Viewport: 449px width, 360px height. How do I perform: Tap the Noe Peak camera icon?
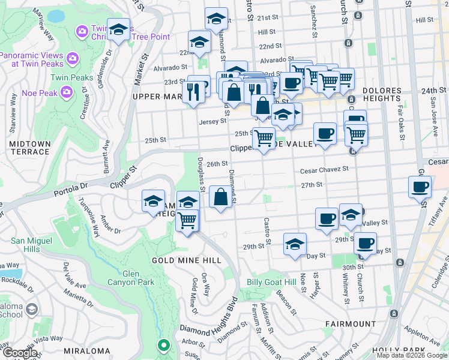pyautogui.click(x=66, y=92)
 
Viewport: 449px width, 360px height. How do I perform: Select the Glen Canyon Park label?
pyautogui.click(x=130, y=277)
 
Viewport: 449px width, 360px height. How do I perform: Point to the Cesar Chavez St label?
pyautogui.click(x=325, y=169)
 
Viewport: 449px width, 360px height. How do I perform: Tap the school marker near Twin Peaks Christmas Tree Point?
pyautogui.click(x=119, y=30)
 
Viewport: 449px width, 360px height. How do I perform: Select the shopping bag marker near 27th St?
pyautogui.click(x=220, y=197)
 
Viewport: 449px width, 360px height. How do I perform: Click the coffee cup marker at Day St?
pyautogui.click(x=365, y=244)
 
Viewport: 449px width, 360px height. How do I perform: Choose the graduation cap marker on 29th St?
pyautogui.click(x=294, y=245)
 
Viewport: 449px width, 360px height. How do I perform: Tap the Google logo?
pyautogui.click(x=20, y=352)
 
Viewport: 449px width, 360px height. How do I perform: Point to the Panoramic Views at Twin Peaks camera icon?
pyautogui.click(x=73, y=58)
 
